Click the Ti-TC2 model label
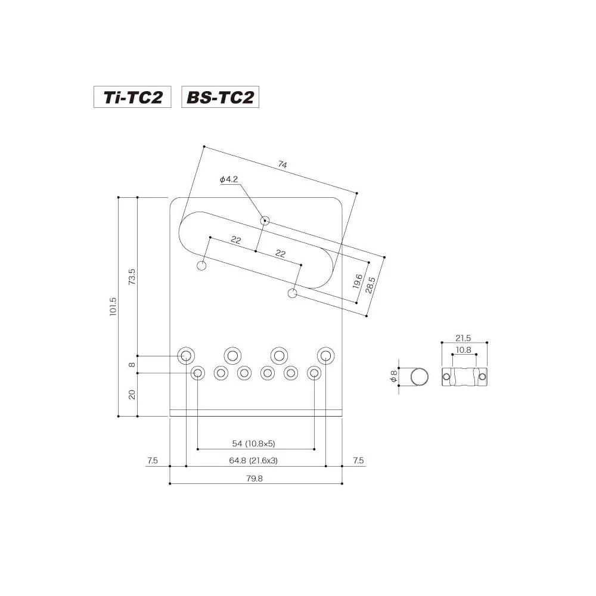pos(132,97)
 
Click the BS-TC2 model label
pos(221,97)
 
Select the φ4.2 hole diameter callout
pos(229,179)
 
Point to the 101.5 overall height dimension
pos(113,307)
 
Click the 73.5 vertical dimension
pos(132,277)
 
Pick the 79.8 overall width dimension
pos(254,478)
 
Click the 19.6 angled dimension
pos(358,281)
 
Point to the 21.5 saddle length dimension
pos(464,337)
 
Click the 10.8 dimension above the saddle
pos(464,350)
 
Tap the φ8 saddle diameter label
pos(392,377)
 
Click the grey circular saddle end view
pos(420,377)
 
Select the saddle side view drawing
pos(464,377)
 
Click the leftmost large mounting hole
pos(186,356)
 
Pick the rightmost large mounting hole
pos(325,356)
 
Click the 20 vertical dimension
pos(132,394)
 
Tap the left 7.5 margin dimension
pos(152,460)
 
